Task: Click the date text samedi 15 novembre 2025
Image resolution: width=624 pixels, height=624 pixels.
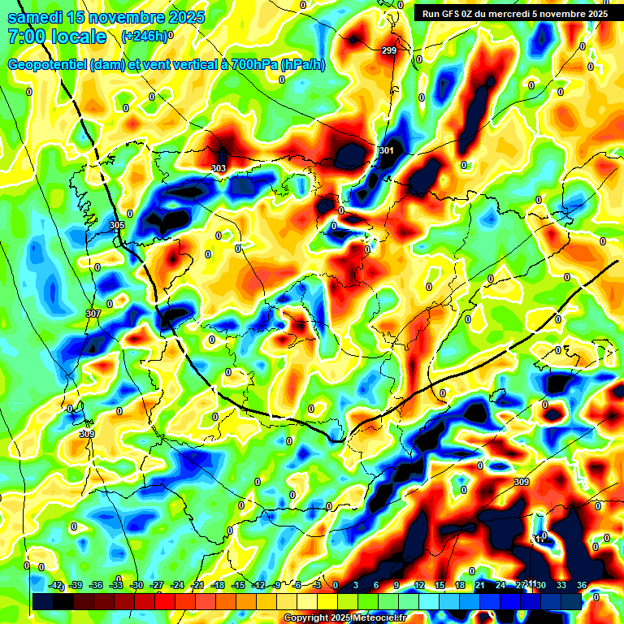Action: point(106,17)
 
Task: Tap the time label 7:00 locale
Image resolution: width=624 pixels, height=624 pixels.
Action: point(57,37)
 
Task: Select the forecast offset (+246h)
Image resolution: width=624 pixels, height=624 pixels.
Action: point(144,37)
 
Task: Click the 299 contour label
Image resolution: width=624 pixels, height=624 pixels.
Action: point(388,51)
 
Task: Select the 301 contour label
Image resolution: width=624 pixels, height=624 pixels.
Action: point(387,151)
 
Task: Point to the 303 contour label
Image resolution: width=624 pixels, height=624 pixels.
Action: point(219,169)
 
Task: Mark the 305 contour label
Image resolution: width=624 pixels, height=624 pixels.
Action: point(117,225)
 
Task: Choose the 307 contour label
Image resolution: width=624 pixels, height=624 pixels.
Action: point(92,314)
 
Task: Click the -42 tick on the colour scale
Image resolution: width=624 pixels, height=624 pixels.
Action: point(56,585)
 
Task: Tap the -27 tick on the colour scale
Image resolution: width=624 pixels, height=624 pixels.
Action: point(157,585)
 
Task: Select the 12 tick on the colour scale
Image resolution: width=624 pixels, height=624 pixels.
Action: point(419,585)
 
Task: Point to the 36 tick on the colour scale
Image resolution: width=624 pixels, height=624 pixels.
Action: point(582,585)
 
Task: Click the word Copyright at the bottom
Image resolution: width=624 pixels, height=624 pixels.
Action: point(305,618)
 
